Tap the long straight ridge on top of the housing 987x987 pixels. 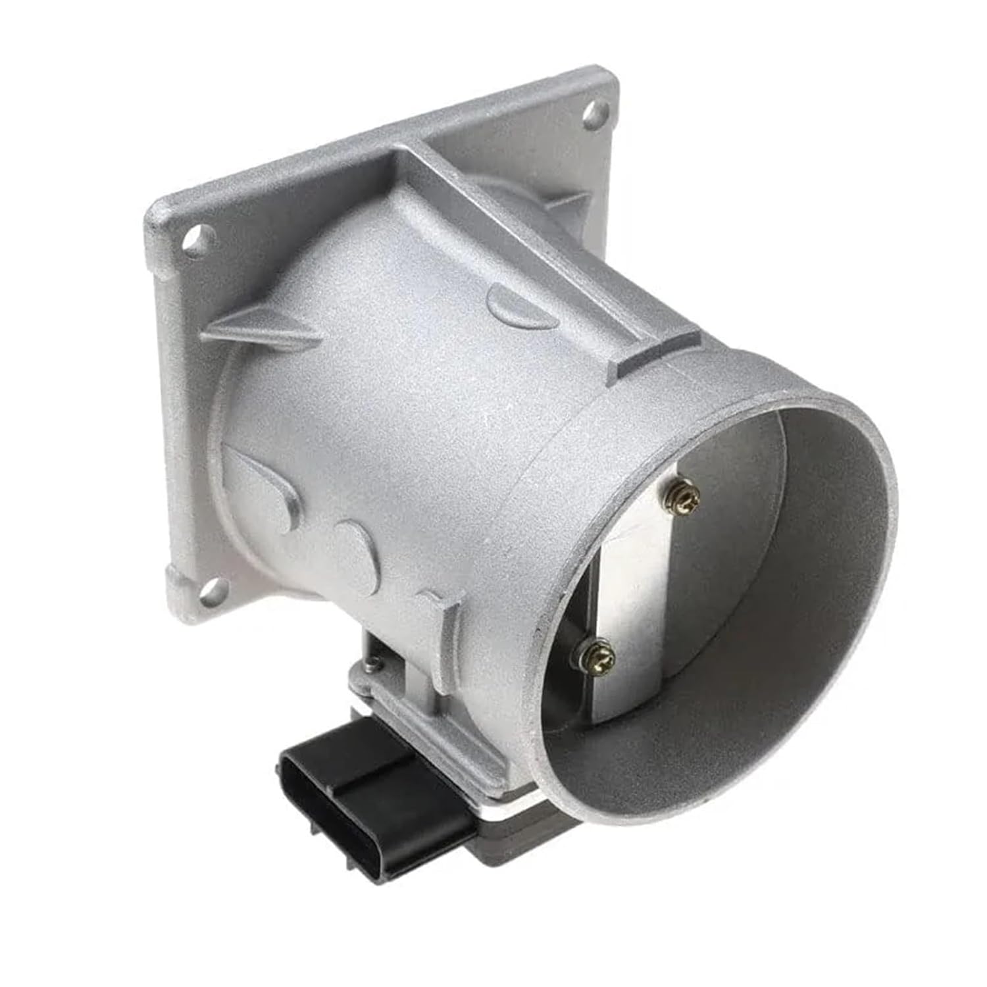526,250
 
